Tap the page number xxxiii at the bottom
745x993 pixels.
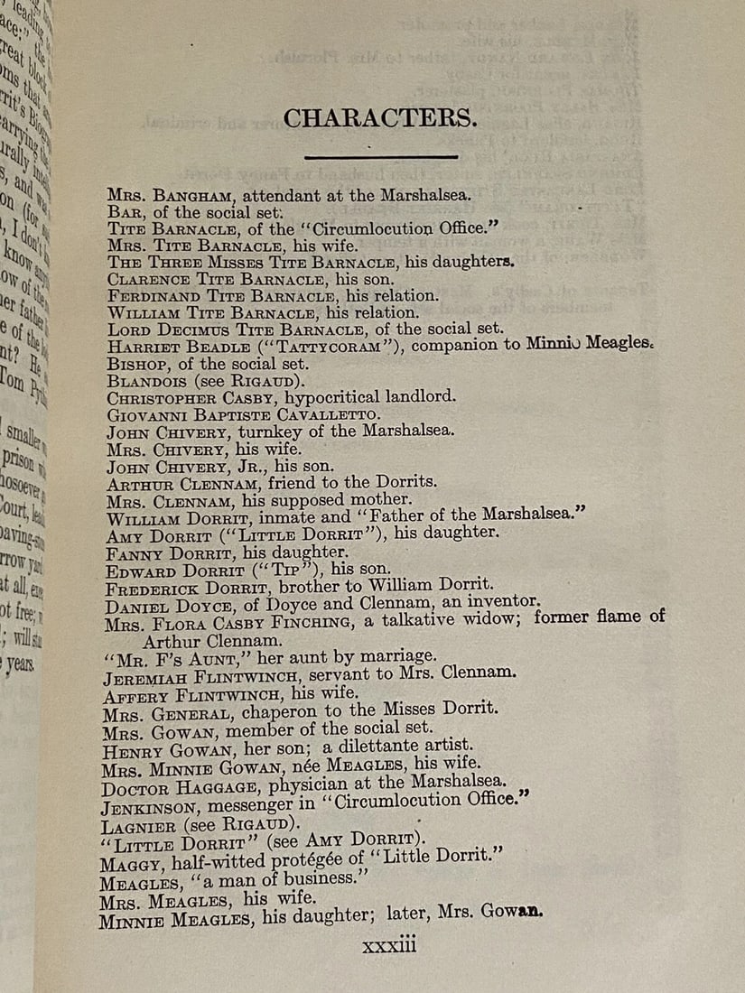(x=388, y=945)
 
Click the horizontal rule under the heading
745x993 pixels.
(x=384, y=158)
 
